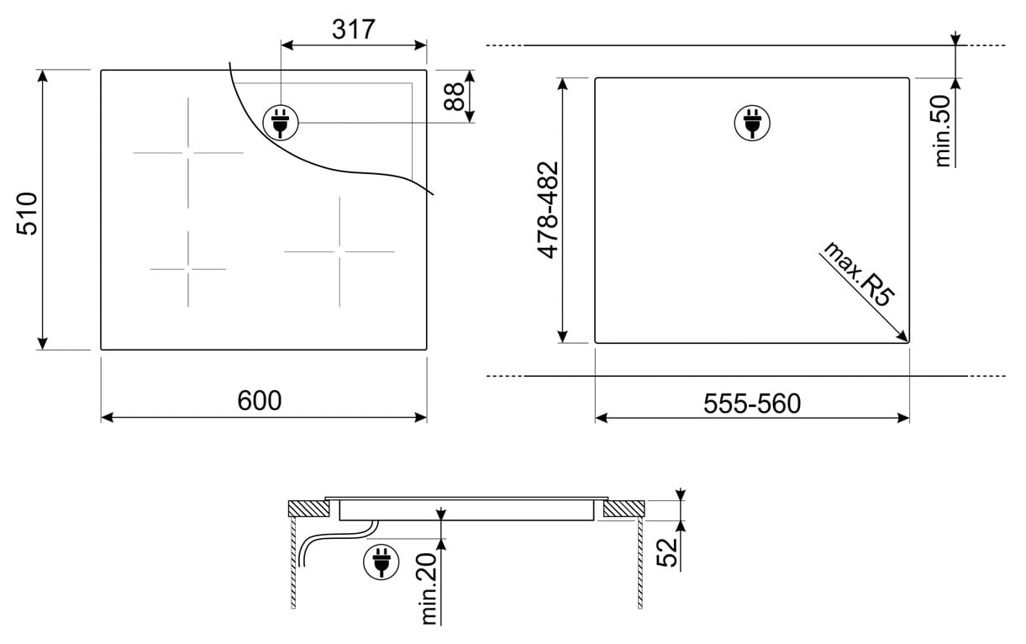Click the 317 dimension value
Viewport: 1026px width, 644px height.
(x=354, y=29)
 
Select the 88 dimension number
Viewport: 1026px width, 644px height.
(x=455, y=96)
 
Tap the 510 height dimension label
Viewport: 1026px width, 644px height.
(x=27, y=214)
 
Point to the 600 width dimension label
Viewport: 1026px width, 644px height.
(x=260, y=400)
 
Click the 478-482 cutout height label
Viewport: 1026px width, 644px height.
(x=548, y=210)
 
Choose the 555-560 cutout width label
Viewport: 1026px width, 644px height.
(x=752, y=404)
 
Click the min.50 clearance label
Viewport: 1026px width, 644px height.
(x=942, y=130)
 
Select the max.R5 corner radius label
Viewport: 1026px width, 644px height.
(x=859, y=273)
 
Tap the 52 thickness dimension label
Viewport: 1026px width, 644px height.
(x=667, y=552)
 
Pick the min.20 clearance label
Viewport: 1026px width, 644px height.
(x=429, y=589)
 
